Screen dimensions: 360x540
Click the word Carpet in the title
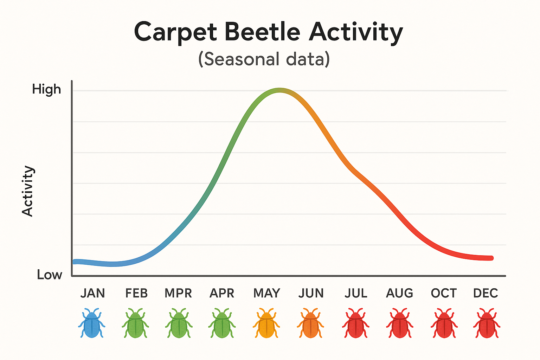[176, 32]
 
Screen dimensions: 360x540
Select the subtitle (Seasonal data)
[264, 59]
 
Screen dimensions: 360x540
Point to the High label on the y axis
[46, 89]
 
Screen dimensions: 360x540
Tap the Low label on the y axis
[49, 275]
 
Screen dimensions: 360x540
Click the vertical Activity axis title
[27, 191]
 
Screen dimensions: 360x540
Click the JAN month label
[92, 293]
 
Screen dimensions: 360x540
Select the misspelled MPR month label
[178, 293]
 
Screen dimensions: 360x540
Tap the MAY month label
[266, 293]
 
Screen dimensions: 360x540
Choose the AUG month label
[399, 293]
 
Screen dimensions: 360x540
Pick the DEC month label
[486, 293]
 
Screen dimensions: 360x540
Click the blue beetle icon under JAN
[91, 323]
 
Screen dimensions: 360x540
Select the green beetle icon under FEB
[135, 323]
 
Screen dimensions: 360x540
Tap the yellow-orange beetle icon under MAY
[266, 323]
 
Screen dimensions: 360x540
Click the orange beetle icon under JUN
[310, 323]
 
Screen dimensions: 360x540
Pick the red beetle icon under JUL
[355, 323]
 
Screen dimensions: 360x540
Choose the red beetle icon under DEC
[487, 323]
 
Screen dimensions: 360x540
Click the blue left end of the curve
[75, 262]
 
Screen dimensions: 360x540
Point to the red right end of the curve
[491, 258]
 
